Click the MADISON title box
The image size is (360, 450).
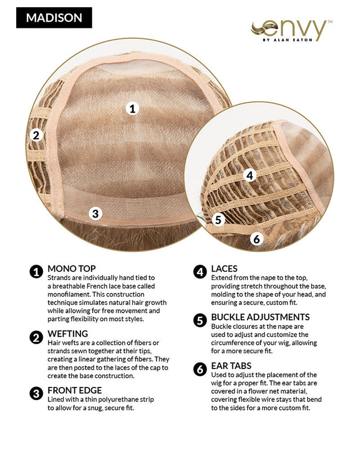[54, 18]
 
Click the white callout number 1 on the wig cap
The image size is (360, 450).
[132, 109]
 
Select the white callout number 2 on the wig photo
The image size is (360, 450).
[36, 135]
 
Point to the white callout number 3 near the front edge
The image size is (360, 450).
[95, 214]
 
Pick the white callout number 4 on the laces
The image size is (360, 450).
[250, 175]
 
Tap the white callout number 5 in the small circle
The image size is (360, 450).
[218, 219]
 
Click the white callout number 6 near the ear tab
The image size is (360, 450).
[256, 238]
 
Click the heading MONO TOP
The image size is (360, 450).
[71, 269]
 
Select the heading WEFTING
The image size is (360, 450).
[67, 334]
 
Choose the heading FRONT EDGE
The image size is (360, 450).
[75, 390]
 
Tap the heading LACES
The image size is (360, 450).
[224, 269]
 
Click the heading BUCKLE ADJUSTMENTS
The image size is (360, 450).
[260, 317]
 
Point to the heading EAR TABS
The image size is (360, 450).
[231, 366]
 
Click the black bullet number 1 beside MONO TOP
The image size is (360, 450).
[37, 272]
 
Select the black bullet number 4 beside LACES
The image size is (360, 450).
[200, 272]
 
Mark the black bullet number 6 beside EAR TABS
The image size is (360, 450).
[200, 369]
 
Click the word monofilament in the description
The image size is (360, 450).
[67, 294]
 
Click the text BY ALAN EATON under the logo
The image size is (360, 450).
[287, 40]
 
